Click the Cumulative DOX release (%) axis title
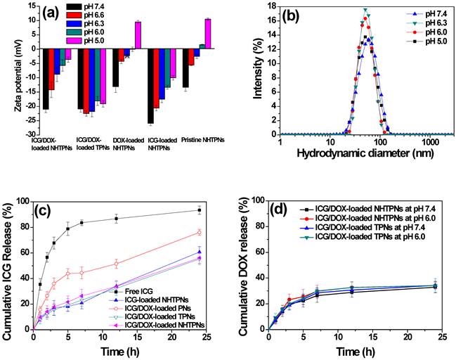point(245,266)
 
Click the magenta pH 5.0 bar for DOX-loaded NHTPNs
point(138,35)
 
